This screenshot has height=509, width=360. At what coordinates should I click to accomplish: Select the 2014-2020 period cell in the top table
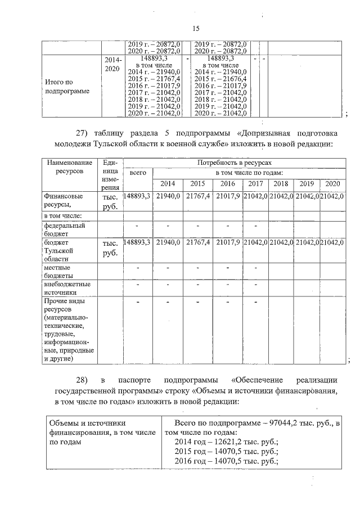[x=112, y=63]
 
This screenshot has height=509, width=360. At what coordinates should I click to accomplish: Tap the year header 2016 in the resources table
[x=227, y=184]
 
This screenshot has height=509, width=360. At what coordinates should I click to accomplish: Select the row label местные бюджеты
[x=59, y=272]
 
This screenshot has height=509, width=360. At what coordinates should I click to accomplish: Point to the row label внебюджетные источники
[x=67, y=288]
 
